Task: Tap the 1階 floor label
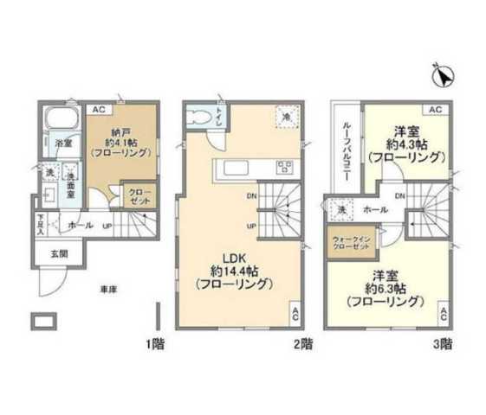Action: [x=155, y=343]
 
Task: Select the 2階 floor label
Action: [x=301, y=343]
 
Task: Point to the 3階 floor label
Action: [x=441, y=343]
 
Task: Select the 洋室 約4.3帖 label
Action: [x=405, y=144]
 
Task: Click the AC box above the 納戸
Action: [x=99, y=109]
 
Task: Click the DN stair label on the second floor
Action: [x=250, y=195]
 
